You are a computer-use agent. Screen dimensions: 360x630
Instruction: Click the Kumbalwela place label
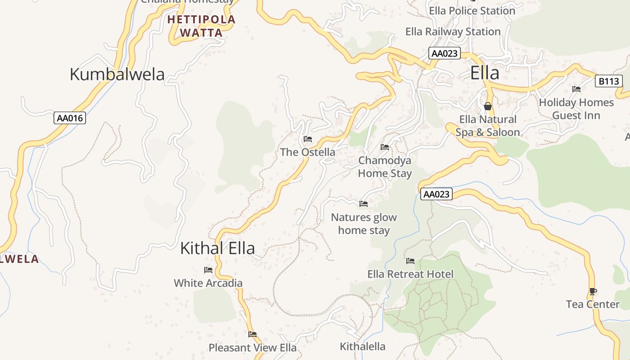[x=117, y=74]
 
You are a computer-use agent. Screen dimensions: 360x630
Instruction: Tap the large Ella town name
[x=485, y=72]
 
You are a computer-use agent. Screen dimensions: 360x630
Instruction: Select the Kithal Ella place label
[x=217, y=248]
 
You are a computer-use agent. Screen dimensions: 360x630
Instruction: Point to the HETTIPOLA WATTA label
[x=201, y=26]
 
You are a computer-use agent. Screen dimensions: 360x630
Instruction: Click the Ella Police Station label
[x=472, y=10]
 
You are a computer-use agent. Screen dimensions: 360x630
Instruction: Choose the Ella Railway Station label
[x=453, y=31]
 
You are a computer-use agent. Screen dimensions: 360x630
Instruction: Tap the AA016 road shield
[x=70, y=118]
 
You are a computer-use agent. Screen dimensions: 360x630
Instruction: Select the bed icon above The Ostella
[x=308, y=139]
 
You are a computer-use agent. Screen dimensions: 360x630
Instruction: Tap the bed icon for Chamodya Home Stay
[x=385, y=147]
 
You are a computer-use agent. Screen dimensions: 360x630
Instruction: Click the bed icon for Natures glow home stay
[x=364, y=204]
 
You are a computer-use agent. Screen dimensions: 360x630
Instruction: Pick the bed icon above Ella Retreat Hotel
[x=410, y=261]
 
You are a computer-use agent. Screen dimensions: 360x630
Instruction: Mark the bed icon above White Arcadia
[x=208, y=270]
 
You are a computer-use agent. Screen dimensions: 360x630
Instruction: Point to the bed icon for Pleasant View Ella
[x=252, y=334]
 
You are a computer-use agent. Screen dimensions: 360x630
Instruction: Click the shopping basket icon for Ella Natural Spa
[x=487, y=106]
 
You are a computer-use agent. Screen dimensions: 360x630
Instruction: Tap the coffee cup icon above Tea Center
[x=593, y=291]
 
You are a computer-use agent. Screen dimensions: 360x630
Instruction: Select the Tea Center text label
[x=593, y=304]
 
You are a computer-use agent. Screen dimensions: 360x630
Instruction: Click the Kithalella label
[x=362, y=346]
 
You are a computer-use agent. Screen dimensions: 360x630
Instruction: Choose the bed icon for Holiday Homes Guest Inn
[x=576, y=89]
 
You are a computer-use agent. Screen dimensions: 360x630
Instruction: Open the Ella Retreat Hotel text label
[x=410, y=274]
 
